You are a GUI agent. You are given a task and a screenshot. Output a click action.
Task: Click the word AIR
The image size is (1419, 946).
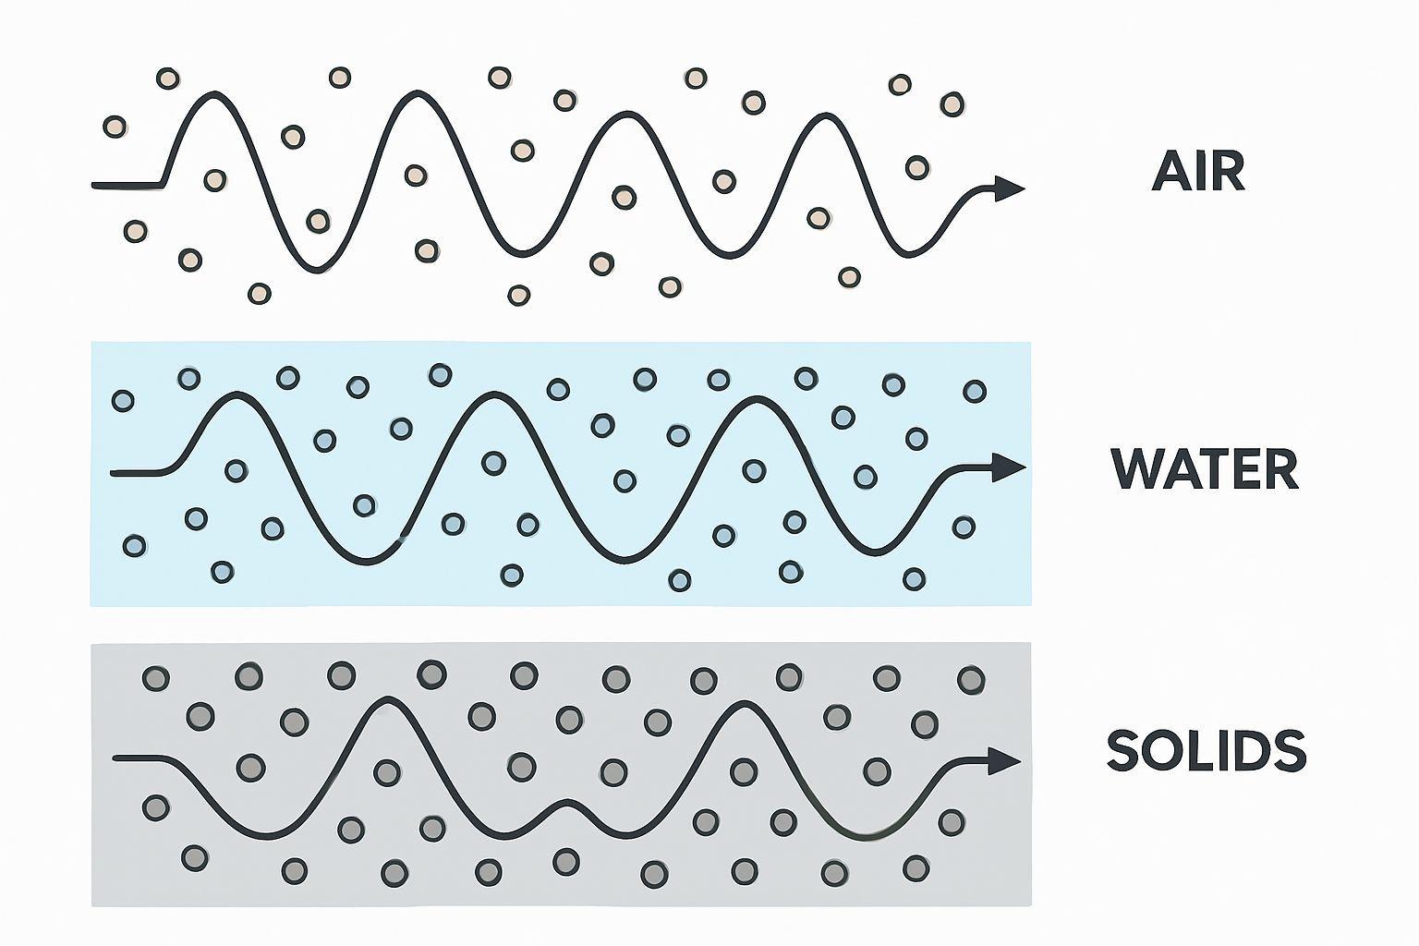click(1198, 171)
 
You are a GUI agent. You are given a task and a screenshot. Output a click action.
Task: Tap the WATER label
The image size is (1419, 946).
click(1205, 469)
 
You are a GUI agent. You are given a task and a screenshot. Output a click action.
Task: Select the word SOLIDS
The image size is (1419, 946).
click(1206, 751)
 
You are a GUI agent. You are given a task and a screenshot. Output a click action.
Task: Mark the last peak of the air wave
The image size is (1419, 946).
click(821, 115)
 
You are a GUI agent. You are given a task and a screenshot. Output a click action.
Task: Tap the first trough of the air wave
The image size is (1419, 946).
click(317, 270)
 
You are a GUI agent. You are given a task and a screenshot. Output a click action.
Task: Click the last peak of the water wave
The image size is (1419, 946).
click(758, 399)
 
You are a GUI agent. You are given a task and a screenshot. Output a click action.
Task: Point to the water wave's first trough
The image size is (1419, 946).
click(367, 563)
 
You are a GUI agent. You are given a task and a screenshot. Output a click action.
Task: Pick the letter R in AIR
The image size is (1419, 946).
click(1229, 171)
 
